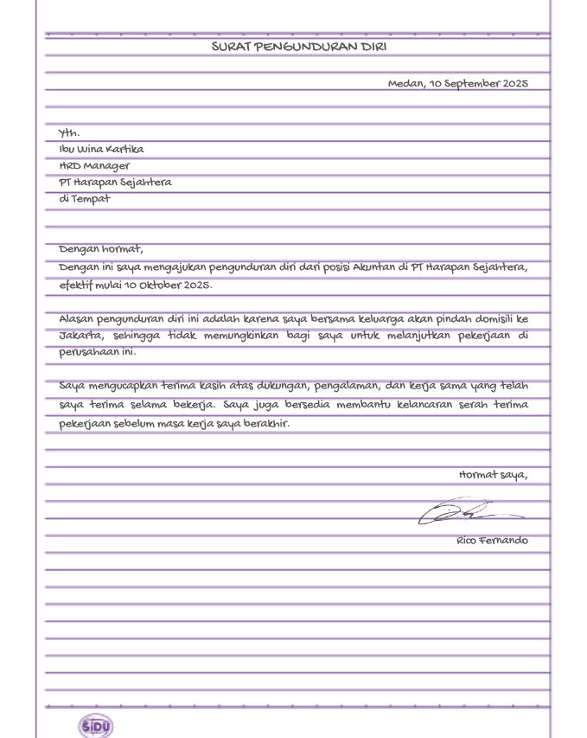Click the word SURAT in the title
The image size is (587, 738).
[230, 47]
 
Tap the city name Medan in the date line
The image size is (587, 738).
[406, 84]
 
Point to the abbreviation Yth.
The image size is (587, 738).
[69, 133]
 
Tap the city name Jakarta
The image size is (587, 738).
[80, 336]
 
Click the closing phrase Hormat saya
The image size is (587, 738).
[493, 475]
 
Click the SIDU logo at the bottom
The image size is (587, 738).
[96, 726]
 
